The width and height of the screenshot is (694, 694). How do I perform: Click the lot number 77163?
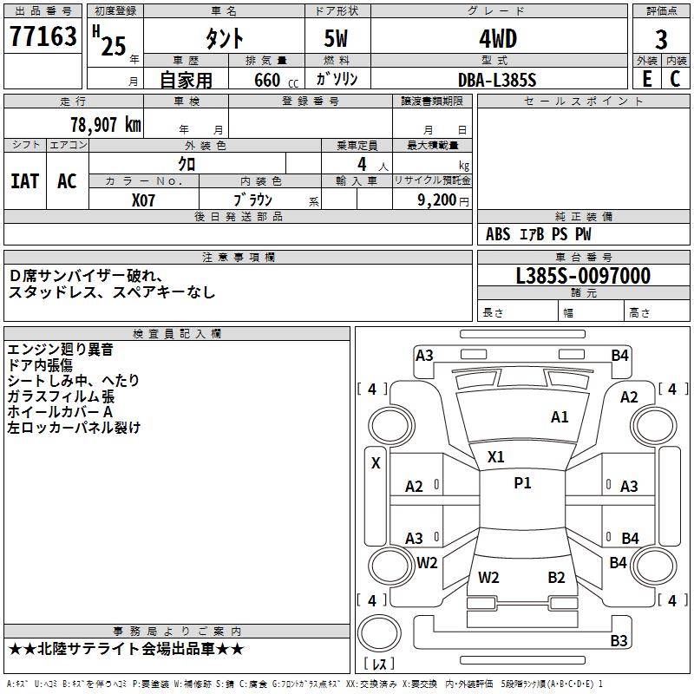click(43, 36)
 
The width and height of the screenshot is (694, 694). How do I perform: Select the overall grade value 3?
click(661, 39)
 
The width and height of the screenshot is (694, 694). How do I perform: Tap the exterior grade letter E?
click(647, 79)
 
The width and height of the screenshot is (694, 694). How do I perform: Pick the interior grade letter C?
click(675, 79)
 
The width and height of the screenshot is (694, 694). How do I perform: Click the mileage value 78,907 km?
click(106, 125)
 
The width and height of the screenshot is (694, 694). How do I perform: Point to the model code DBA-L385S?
click(497, 80)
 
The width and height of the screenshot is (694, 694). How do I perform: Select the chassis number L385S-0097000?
click(583, 276)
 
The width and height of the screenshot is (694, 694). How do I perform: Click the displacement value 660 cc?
click(276, 81)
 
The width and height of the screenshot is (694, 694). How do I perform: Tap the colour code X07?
click(143, 200)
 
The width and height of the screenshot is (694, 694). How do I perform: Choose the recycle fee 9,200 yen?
click(443, 200)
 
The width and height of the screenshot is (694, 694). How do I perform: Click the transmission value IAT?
click(25, 181)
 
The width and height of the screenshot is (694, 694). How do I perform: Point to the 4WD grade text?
click(498, 39)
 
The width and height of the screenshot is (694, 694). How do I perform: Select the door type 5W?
click(336, 38)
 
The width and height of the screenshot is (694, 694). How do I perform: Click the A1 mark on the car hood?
click(560, 417)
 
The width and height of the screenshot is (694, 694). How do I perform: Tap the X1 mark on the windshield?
click(495, 457)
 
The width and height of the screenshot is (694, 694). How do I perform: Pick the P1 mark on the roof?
click(522, 483)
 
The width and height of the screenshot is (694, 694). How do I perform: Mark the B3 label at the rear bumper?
click(619, 640)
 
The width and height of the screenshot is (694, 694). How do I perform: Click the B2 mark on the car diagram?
click(556, 578)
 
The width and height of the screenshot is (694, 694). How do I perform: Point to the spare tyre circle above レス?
click(379, 633)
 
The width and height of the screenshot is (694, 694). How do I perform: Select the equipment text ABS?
click(498, 234)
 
